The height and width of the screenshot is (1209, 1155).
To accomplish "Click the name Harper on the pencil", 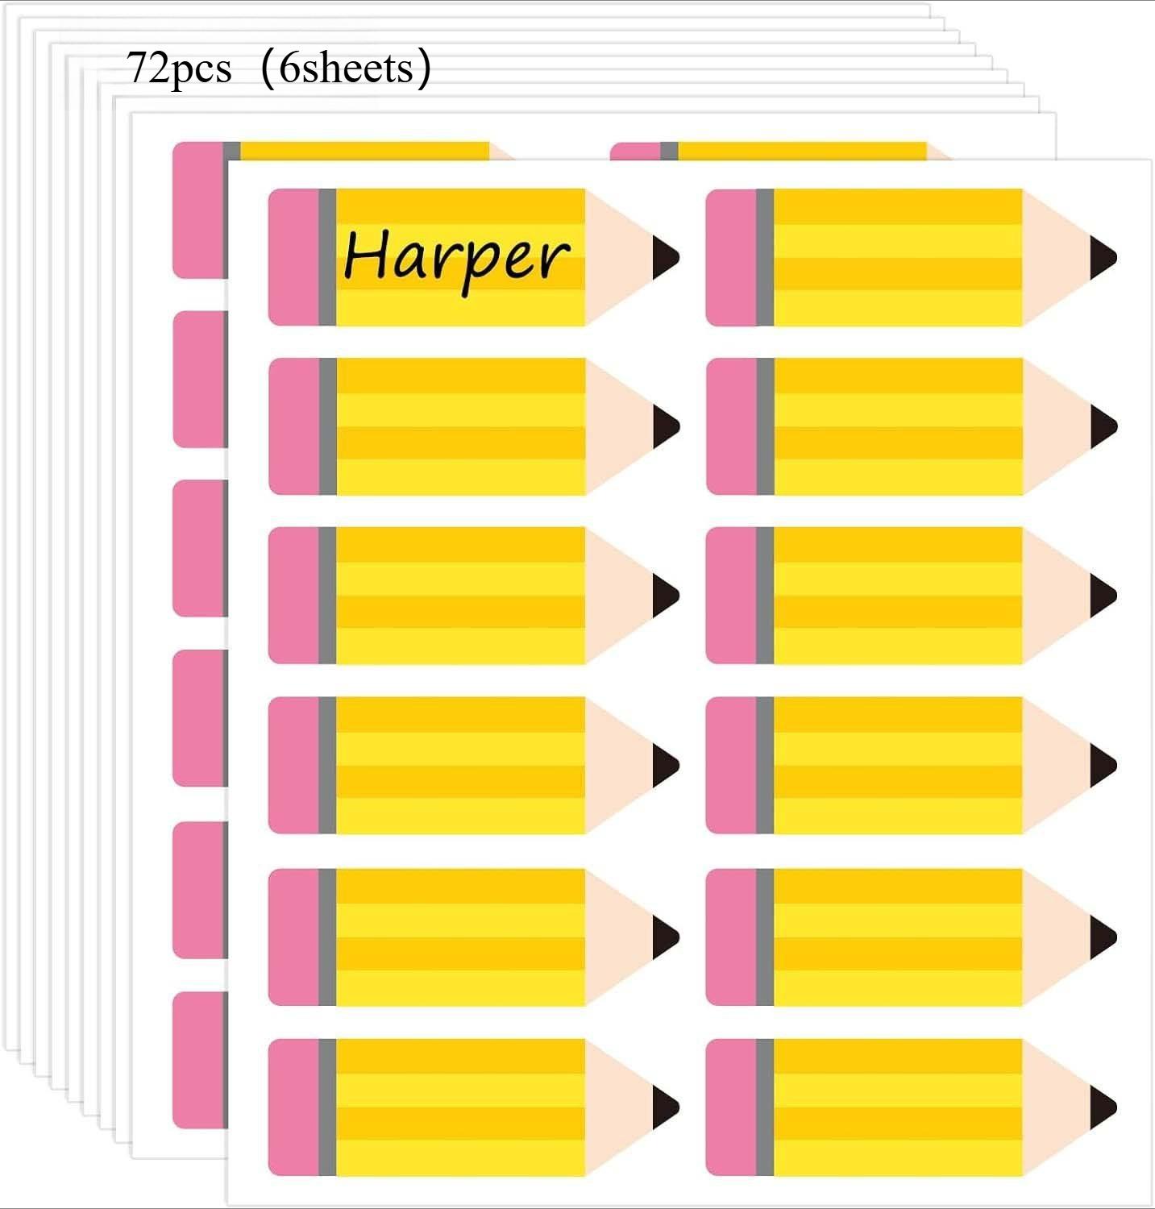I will (456, 256).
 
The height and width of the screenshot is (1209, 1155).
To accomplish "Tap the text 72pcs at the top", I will (179, 68).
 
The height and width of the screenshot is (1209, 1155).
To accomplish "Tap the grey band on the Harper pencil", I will (327, 258).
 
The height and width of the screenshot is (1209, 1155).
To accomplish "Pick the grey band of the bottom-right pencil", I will (765, 1107).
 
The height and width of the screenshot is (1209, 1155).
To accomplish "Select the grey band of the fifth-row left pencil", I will (327, 937).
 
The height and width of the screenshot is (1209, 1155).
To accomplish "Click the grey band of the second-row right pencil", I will (765, 426).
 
